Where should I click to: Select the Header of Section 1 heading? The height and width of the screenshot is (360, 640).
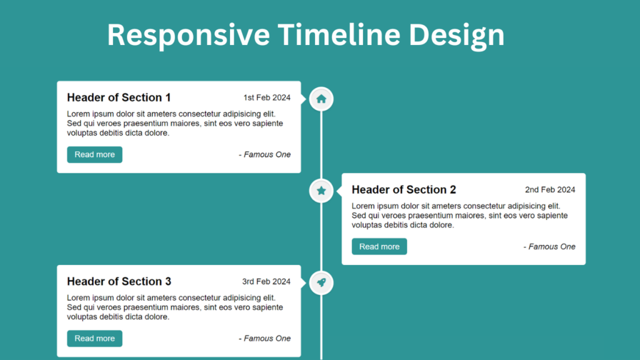[119, 97]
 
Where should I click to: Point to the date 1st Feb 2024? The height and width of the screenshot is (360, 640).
[267, 97]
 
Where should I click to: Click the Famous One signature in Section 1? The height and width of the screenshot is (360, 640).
[264, 154]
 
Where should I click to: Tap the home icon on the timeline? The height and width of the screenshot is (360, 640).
[321, 99]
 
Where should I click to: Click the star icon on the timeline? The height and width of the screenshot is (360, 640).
[321, 191]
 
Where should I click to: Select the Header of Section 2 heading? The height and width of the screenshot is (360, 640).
[404, 189]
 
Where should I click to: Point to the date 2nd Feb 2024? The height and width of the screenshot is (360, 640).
[550, 189]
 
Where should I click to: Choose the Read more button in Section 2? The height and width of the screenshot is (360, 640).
[379, 246]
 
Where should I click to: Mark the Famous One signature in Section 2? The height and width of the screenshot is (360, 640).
[549, 246]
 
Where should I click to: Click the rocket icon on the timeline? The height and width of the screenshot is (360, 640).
[321, 282]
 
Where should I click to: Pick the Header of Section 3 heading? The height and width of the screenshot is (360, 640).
[119, 281]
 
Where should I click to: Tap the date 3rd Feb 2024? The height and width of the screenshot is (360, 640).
[266, 281]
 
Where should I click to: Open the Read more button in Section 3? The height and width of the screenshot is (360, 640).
[94, 338]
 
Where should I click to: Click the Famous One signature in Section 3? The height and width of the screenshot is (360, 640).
[264, 338]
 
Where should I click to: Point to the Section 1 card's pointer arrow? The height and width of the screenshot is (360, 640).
[304, 99]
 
